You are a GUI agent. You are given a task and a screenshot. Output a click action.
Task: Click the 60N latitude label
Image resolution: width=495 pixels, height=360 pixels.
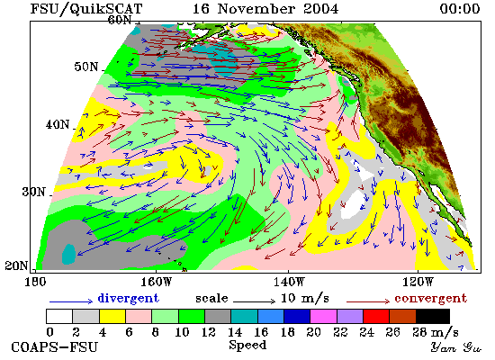120,20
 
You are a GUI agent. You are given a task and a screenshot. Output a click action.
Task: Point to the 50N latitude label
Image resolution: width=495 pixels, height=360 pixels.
86,67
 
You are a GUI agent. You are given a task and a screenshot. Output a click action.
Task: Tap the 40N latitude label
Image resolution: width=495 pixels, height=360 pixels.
58,124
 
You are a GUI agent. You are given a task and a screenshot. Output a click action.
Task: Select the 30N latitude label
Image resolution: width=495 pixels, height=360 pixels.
34,192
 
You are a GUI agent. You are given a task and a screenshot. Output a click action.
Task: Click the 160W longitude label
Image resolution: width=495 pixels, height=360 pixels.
156,282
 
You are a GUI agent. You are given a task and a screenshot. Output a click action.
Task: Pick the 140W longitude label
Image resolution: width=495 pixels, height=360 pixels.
289,282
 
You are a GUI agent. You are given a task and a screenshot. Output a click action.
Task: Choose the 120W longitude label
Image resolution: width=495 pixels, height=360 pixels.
418,282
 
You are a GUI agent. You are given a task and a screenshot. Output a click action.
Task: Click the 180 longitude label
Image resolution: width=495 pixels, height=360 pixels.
35,282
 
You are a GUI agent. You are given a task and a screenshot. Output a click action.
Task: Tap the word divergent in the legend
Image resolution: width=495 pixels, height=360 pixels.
128,298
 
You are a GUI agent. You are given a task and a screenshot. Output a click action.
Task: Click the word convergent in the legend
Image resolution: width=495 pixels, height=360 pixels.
430,298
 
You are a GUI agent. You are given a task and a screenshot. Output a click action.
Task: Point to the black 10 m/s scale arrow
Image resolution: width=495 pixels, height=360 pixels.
254,301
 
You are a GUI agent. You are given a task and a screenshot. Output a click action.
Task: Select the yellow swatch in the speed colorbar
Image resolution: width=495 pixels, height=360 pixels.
112,317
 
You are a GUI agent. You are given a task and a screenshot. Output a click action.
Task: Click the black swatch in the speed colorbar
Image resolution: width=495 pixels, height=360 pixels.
433,317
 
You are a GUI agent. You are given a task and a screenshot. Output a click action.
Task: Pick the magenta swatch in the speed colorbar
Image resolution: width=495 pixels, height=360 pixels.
324,317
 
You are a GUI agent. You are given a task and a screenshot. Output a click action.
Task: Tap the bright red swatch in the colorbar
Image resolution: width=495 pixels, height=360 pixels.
376,317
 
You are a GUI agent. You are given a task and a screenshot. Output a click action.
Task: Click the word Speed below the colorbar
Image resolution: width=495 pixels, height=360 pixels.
247,346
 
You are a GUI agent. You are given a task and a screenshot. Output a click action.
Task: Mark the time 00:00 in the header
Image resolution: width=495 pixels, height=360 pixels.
460,8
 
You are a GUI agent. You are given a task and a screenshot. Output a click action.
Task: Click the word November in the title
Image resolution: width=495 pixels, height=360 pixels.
256,8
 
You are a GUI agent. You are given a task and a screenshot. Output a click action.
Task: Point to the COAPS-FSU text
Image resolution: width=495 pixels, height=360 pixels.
54,347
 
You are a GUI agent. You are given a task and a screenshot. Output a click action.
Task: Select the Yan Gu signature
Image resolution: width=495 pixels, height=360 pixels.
456,347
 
